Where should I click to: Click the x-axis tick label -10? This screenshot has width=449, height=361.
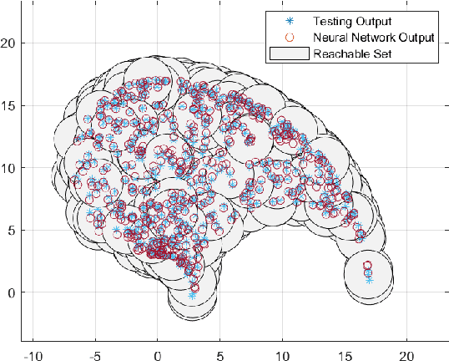pos(33,353)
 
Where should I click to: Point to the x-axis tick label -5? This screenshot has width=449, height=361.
pos(95,353)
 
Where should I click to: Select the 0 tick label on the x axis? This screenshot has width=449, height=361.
pos(158,353)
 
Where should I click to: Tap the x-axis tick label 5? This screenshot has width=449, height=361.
pos(220,353)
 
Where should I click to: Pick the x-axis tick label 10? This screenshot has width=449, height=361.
pos(282,353)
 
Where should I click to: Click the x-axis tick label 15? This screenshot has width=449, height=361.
pos(345,353)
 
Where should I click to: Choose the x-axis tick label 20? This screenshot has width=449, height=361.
pos(407,353)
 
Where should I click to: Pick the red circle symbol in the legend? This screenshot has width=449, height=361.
pos(289,38)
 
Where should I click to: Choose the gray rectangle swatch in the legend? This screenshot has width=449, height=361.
pos(289,53)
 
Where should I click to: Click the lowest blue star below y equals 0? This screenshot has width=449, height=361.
pos(193,296)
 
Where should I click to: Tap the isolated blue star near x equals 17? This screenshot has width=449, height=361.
pos(369,280)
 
